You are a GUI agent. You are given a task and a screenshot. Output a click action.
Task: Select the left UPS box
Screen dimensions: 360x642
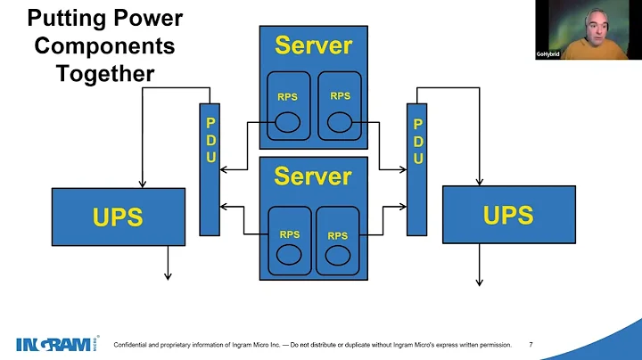(x=119, y=217)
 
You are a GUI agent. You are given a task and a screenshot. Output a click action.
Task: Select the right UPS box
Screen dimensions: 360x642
(x=507, y=215)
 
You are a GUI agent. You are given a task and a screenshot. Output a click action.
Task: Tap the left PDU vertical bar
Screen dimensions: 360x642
(x=210, y=169)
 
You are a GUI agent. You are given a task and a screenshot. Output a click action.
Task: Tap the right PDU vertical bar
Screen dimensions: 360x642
(x=416, y=169)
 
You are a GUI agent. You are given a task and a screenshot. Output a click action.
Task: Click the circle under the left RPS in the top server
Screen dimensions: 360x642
(x=288, y=121)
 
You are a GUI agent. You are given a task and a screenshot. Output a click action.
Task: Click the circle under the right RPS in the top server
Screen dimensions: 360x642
(x=340, y=120)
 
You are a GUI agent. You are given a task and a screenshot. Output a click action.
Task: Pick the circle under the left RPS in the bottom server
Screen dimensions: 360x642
(x=288, y=254)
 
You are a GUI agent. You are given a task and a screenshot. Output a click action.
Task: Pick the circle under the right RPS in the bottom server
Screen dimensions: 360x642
(x=336, y=255)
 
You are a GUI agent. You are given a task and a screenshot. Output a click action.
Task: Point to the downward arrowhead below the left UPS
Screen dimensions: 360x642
(x=166, y=276)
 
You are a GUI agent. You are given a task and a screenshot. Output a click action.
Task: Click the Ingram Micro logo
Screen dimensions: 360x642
(x=52, y=344)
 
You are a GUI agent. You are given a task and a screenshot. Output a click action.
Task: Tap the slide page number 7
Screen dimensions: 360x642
(x=531, y=345)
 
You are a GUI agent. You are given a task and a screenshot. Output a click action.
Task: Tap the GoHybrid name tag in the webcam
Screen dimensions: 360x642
(x=547, y=54)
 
